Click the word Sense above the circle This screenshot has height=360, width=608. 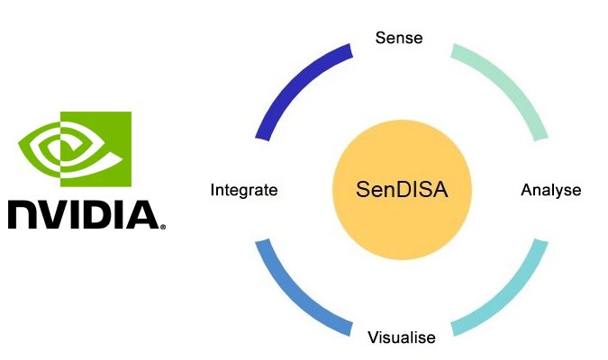point(399,38)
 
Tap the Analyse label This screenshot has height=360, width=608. point(551,190)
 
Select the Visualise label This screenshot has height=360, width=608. point(402,337)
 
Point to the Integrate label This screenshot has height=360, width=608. point(244,190)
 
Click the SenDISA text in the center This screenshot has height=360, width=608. point(402,190)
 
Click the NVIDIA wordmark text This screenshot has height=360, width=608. point(84,214)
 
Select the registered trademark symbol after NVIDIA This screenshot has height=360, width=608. point(163,227)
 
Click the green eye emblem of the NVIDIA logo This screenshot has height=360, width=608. point(75,149)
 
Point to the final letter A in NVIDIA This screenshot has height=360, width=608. point(142,215)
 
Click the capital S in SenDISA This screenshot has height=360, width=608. point(363,190)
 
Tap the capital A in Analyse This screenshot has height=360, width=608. point(527,190)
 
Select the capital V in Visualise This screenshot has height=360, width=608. point(374,337)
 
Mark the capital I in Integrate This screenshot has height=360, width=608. point(213,190)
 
